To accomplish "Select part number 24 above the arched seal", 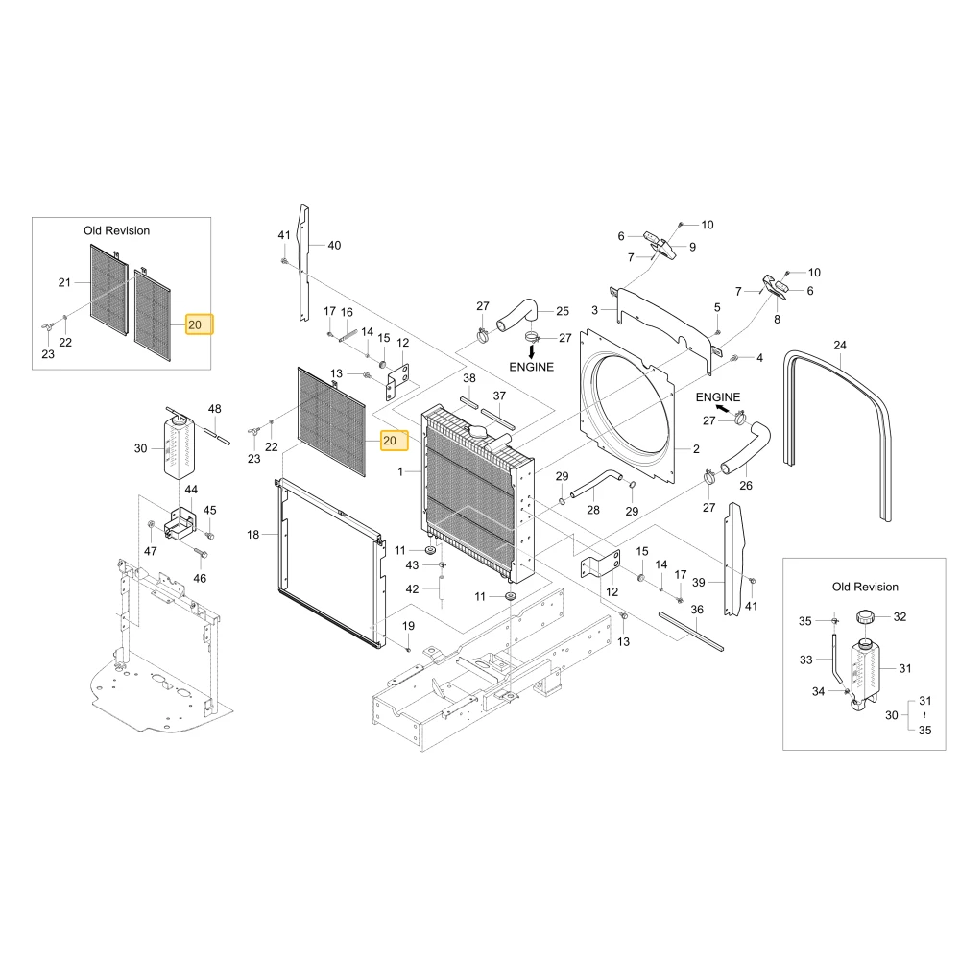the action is point(839,346).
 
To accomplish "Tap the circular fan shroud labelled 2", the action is point(628,406).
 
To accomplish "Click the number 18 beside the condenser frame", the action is point(252,535).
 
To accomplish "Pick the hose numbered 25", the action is point(516,315).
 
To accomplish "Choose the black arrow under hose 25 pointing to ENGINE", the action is point(532,351).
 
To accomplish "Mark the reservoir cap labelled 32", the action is point(865,616).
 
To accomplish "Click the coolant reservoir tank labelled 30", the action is point(179,448).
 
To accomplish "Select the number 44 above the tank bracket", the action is point(191,490).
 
